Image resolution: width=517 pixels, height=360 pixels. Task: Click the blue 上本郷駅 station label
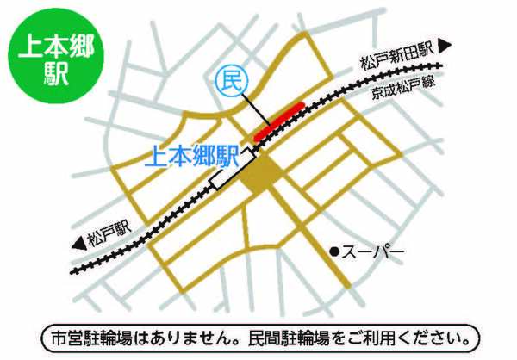click(190, 156)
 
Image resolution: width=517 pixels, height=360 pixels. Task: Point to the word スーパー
click(372, 251)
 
